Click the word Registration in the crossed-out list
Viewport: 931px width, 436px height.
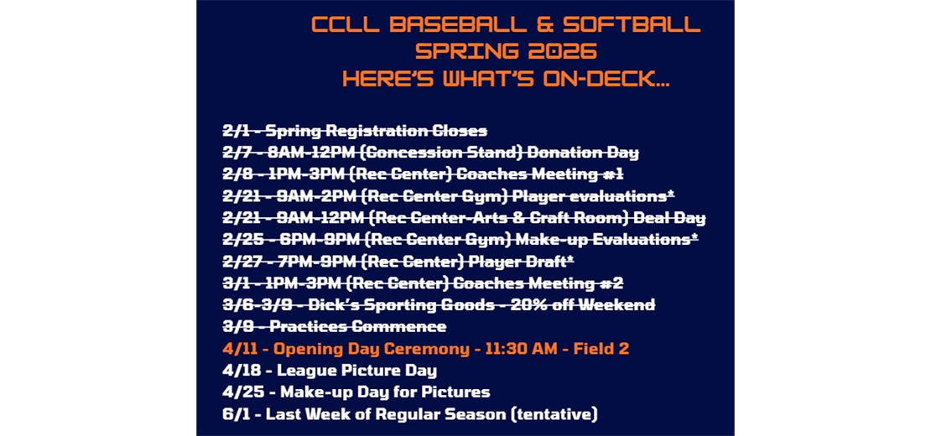coord(371,131)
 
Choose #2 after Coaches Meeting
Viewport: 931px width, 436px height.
coord(609,283)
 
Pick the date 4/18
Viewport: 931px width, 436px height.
coord(237,371)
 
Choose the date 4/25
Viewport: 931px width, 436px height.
coord(237,392)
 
